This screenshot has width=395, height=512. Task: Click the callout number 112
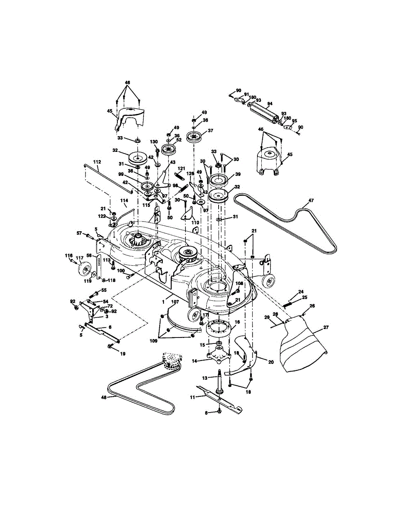coord(97,162)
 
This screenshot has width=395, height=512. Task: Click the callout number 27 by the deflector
coord(326,328)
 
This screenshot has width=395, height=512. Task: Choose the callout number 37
coord(210,131)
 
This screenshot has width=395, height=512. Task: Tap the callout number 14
coord(194,361)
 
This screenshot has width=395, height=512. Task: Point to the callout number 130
coord(154,142)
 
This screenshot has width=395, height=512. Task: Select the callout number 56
coord(90,255)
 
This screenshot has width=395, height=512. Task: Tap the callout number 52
coord(178,140)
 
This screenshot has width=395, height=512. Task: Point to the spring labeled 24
coord(289,304)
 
